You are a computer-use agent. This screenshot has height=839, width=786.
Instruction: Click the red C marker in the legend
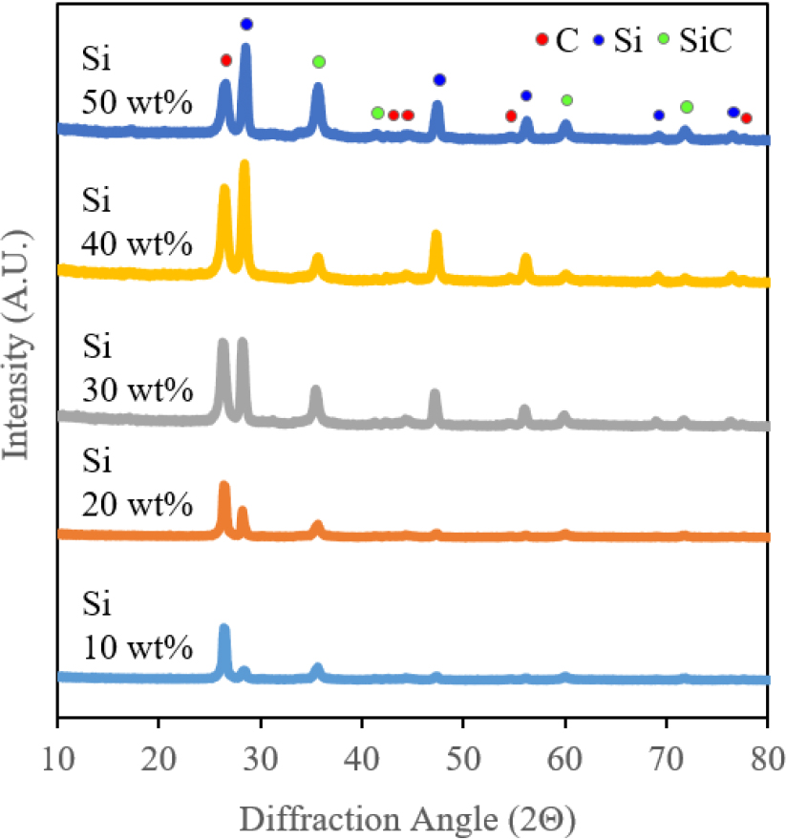coord(542,40)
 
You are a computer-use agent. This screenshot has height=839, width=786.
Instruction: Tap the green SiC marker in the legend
coord(664,40)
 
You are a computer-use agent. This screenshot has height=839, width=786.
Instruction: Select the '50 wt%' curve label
coord(137,101)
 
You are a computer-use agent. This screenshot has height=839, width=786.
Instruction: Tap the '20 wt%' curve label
coord(137,502)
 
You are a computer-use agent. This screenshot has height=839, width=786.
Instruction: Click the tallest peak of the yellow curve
coord(244,165)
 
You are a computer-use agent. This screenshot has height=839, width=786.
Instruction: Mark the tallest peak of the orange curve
coord(224,486)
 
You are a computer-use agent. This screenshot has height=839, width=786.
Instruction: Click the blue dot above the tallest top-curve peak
coord(246,24)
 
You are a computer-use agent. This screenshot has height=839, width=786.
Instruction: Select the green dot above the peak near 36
coord(318,62)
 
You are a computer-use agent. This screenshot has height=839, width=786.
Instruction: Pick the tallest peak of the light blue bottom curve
coord(224,628)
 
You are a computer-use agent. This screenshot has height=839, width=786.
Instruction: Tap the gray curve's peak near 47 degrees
coord(435,394)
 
